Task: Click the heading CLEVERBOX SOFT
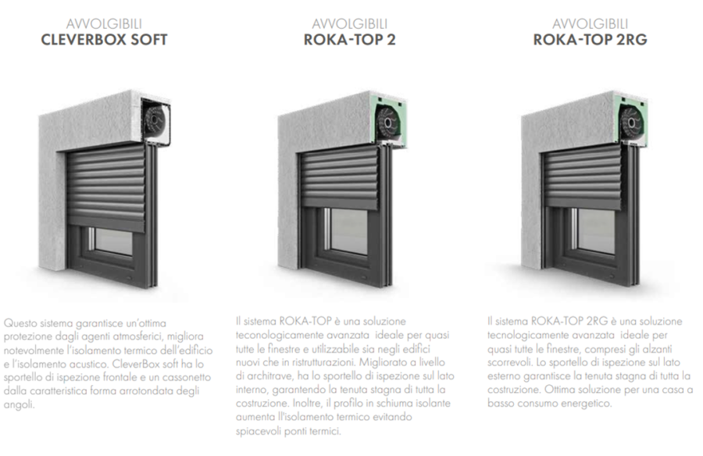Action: [104, 40]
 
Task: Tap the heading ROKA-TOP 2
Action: [350, 40]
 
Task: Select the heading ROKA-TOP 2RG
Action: [590, 40]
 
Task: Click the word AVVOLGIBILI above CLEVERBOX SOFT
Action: [104, 23]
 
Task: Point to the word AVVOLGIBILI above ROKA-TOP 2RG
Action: [590, 23]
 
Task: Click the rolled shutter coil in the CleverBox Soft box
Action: [155, 119]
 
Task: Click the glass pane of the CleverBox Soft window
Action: [114, 240]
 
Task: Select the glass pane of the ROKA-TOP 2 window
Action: [349, 231]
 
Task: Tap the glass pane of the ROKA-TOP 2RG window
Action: [596, 231]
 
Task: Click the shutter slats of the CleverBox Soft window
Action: [107, 187]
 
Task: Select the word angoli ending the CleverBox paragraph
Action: [19, 405]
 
